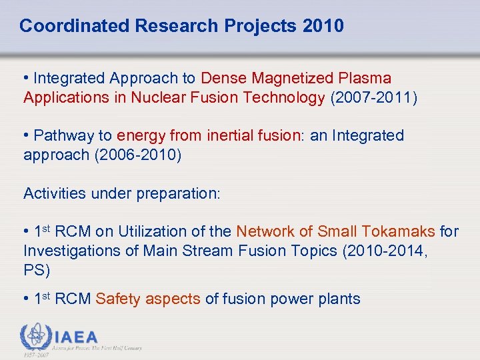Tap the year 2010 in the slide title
tap(323, 26)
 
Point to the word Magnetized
tap(297, 79)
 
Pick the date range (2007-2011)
tap(373, 98)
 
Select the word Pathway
tap(64, 136)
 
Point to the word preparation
tap(177, 194)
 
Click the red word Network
tap(262, 232)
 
